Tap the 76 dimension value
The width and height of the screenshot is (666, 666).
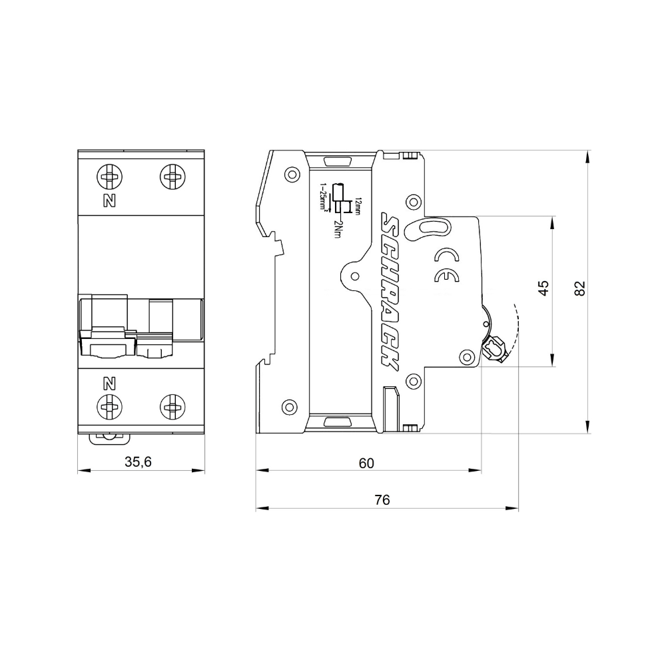(382, 500)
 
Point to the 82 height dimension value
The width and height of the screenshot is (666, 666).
(579, 288)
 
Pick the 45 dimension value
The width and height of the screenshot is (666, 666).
(543, 288)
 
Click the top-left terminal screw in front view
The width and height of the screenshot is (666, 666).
(110, 176)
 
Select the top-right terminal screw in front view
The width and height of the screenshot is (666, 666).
(172, 176)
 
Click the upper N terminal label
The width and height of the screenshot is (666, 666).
(110, 200)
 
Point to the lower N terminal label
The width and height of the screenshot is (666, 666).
(110, 383)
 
